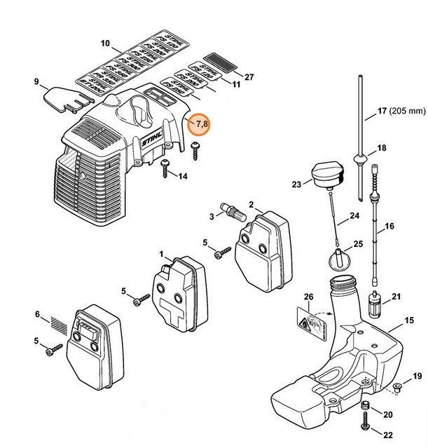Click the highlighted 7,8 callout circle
[x=202, y=124]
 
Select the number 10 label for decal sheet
[x=105, y=43]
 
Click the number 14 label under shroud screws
[x=183, y=176]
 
